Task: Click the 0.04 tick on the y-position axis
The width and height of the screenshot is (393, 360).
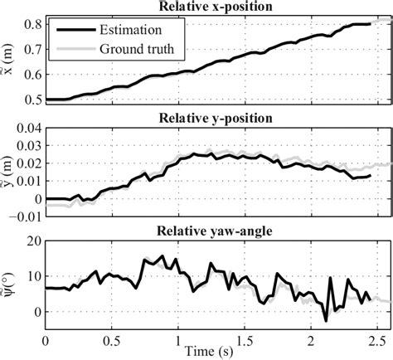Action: (x=24, y=129)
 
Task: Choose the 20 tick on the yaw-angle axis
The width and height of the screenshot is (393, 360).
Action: (x=31, y=241)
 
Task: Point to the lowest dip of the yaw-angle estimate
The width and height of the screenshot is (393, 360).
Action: (x=326, y=319)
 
